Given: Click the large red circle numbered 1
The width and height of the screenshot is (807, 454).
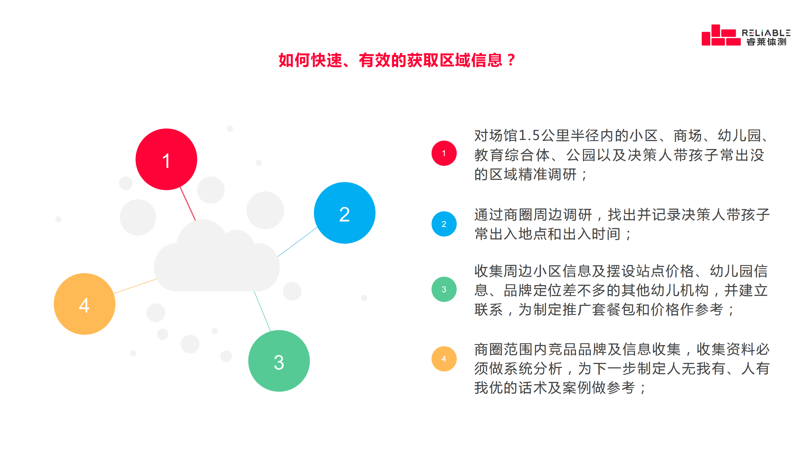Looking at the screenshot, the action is [x=166, y=159].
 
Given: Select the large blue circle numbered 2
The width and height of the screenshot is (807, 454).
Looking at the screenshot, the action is [x=345, y=213].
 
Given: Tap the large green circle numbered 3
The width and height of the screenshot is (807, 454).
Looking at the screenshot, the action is [x=279, y=361].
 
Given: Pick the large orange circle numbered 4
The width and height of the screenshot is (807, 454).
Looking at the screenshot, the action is [x=84, y=304].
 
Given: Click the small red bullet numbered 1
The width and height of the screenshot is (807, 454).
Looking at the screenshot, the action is [x=444, y=153].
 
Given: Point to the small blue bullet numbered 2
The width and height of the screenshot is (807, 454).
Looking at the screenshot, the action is [x=444, y=224].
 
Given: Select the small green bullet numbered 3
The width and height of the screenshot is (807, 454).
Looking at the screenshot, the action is [x=444, y=289].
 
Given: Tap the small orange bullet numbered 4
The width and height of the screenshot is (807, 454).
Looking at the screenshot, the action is [x=444, y=359].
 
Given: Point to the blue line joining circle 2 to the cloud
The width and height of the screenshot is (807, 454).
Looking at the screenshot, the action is [x=297, y=242].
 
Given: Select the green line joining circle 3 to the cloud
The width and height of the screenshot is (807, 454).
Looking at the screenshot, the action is [x=262, y=311].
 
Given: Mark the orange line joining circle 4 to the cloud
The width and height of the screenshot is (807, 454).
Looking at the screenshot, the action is [x=135, y=286].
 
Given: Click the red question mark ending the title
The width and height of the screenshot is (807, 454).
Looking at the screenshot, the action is [x=511, y=60].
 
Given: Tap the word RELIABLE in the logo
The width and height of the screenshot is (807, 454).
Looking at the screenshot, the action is [x=766, y=33].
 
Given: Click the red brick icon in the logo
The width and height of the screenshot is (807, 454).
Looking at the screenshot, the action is [x=721, y=35].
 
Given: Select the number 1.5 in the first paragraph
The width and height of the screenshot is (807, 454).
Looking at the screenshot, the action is [x=529, y=136].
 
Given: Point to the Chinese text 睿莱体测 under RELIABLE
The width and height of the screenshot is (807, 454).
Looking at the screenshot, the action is [x=766, y=42].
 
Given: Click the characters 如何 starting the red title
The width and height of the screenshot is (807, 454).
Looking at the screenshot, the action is [x=294, y=60].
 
